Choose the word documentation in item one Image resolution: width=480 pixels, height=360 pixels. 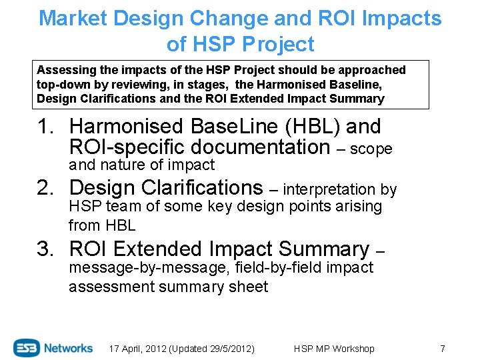(x=271, y=147)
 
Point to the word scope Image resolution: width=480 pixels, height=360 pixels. (x=371, y=149)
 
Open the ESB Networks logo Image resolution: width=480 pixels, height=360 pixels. (x=53, y=347)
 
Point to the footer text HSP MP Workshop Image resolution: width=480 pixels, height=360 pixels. (x=334, y=349)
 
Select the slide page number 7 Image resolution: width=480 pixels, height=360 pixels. (x=442, y=349)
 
